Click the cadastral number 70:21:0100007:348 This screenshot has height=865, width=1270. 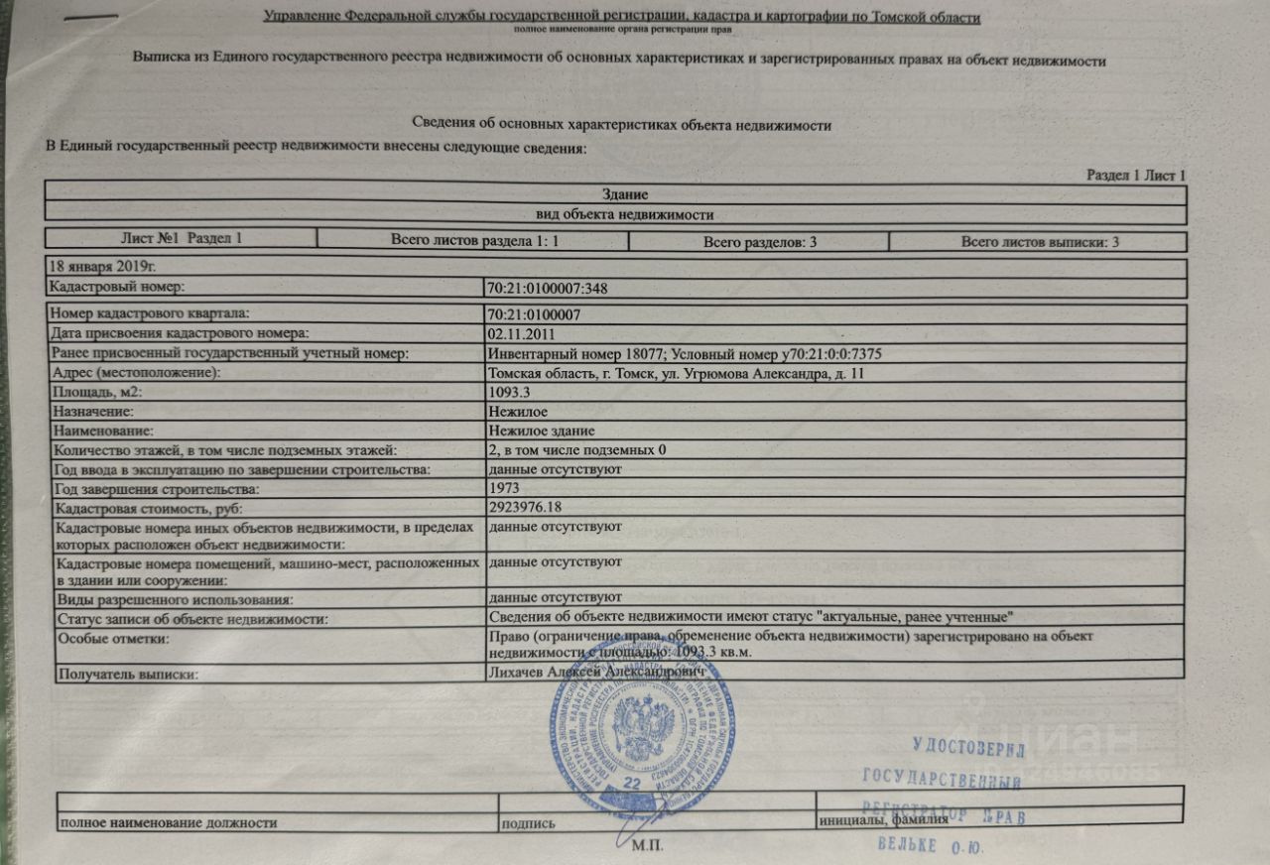(548, 289)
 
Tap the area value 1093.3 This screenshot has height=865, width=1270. (511, 393)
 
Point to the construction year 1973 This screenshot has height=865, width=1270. (505, 489)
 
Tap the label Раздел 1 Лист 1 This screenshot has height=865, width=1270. (1136, 176)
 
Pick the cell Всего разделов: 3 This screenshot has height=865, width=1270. (759, 242)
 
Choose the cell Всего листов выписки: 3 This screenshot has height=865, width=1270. (1040, 242)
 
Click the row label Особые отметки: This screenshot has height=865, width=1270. (114, 638)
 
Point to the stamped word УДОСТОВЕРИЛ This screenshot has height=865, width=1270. (961, 744)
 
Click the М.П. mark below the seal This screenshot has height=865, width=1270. (647, 848)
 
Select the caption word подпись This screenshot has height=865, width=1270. (522, 823)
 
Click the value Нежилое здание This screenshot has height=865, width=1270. (542, 431)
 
